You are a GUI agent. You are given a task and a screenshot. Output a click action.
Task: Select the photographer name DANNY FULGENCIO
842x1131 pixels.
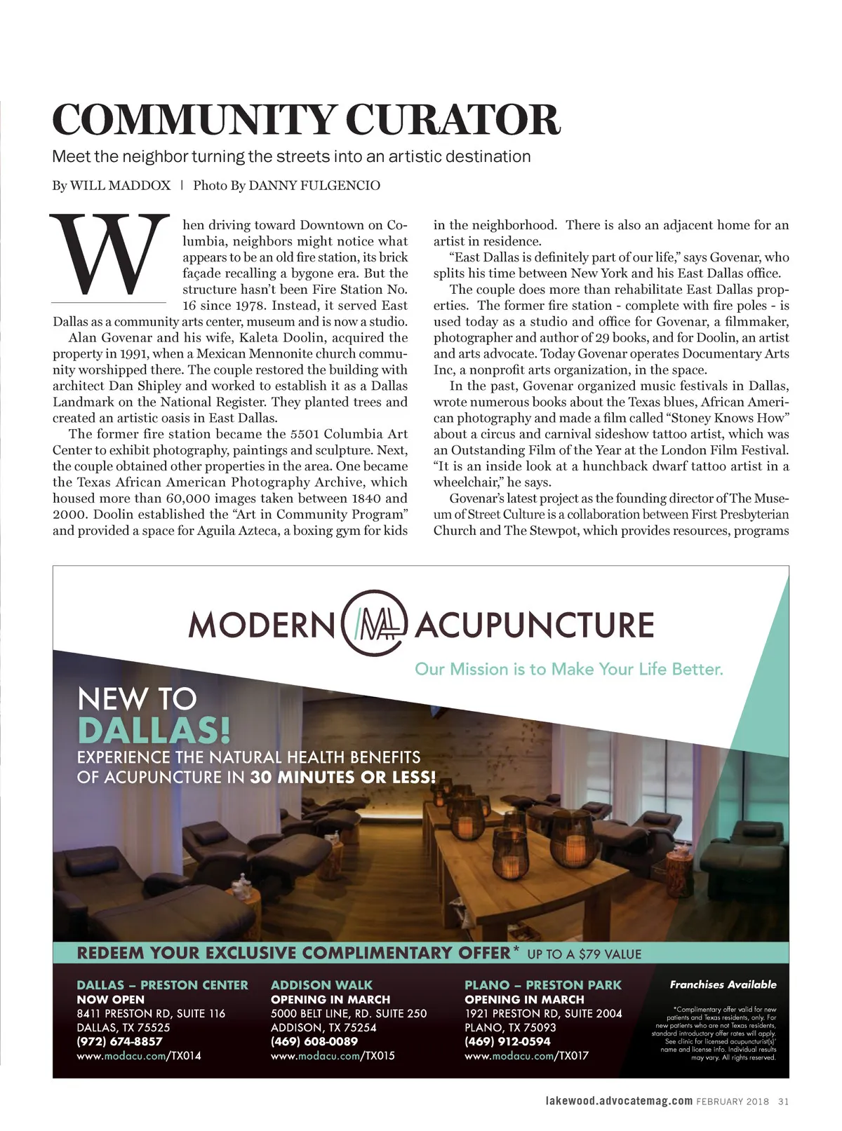click(314, 185)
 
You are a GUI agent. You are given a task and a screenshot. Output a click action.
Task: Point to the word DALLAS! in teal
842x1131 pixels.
click(154, 730)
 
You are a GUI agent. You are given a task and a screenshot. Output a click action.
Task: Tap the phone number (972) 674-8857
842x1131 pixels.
click(119, 1041)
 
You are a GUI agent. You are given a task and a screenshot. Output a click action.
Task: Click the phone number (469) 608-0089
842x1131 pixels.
click(314, 1041)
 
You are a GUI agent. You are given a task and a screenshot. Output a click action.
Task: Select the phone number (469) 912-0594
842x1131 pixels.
click(507, 1041)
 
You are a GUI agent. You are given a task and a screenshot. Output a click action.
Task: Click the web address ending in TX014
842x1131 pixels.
click(139, 1055)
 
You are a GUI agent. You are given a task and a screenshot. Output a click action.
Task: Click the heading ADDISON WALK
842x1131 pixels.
click(321, 985)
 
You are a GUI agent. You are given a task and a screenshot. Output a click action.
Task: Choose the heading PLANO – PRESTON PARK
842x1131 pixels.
click(542, 985)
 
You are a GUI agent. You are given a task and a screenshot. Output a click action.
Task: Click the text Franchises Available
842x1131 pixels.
click(723, 984)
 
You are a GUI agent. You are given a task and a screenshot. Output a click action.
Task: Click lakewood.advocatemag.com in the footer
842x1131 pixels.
click(619, 1101)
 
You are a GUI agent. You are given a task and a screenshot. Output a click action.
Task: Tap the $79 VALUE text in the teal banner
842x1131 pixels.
click(610, 954)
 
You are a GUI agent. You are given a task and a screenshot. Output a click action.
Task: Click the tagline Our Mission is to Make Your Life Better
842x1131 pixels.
click(568, 669)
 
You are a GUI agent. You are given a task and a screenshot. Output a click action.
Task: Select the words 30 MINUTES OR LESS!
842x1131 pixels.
click(342, 777)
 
